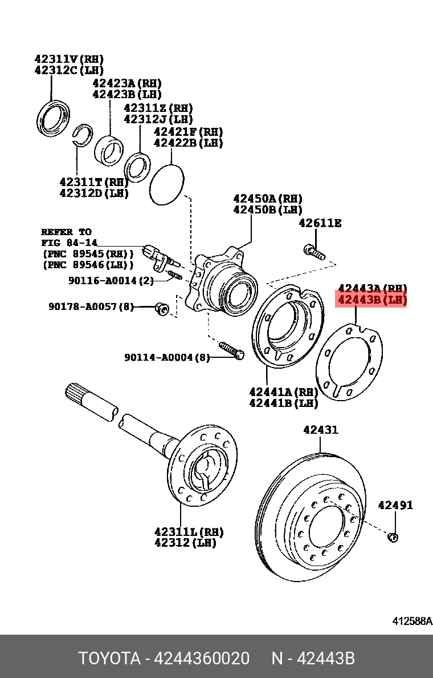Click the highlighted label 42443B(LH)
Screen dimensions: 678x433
click(x=372, y=300)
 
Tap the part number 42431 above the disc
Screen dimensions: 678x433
click(x=320, y=429)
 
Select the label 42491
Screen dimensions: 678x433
click(x=395, y=505)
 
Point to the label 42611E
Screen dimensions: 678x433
click(x=320, y=223)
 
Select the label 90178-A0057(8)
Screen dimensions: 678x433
click(x=92, y=307)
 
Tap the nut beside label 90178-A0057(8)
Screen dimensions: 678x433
click(x=162, y=309)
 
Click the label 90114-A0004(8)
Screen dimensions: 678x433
click(x=167, y=358)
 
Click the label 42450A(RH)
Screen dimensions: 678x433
click(x=267, y=199)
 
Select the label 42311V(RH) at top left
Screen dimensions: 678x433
click(x=69, y=59)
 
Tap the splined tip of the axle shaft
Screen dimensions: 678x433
click(x=77, y=394)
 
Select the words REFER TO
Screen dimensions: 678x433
click(x=66, y=232)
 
